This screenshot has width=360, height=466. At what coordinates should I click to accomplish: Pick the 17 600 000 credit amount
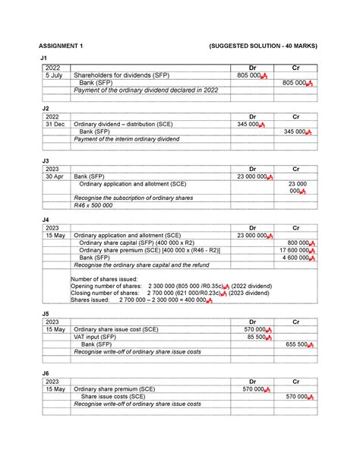[x=292, y=249]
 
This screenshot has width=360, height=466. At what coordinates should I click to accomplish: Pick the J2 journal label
[x=45, y=108]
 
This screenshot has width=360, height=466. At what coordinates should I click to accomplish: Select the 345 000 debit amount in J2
[x=250, y=123]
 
